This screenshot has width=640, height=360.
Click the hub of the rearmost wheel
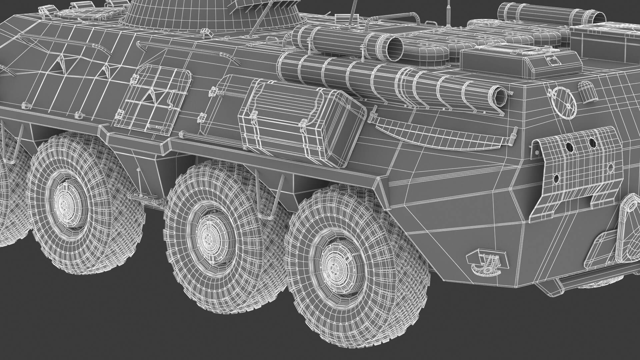pyautogui.click(x=334, y=267)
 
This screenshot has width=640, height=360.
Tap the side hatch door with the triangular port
pyautogui.click(x=153, y=98)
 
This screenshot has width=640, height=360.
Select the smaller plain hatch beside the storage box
pyautogui.click(x=217, y=103)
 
